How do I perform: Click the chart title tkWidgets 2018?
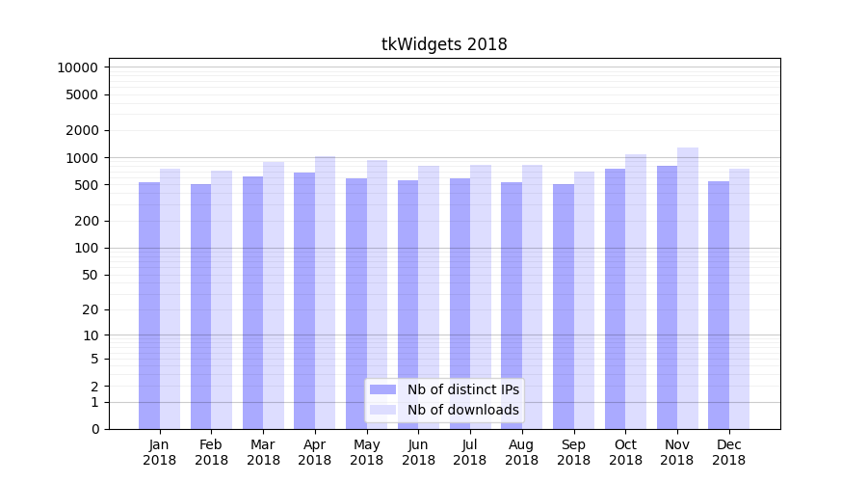coord(444,44)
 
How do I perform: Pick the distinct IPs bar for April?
coord(304,300)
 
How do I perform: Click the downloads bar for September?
coord(584,300)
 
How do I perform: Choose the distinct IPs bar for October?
coord(615,298)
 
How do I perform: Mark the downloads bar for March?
coord(274,295)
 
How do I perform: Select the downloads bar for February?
coord(222,300)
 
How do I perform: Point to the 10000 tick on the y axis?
coord(77,67)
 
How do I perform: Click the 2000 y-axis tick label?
coord(81,130)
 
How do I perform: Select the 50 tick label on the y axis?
coord(88,275)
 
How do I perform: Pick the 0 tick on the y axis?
coord(94,429)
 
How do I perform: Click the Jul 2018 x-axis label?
coord(470,452)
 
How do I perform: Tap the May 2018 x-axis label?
coord(366,452)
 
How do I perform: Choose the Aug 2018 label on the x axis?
coord(522,452)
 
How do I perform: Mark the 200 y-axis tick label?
coord(85,221)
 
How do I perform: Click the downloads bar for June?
coord(429,297)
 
